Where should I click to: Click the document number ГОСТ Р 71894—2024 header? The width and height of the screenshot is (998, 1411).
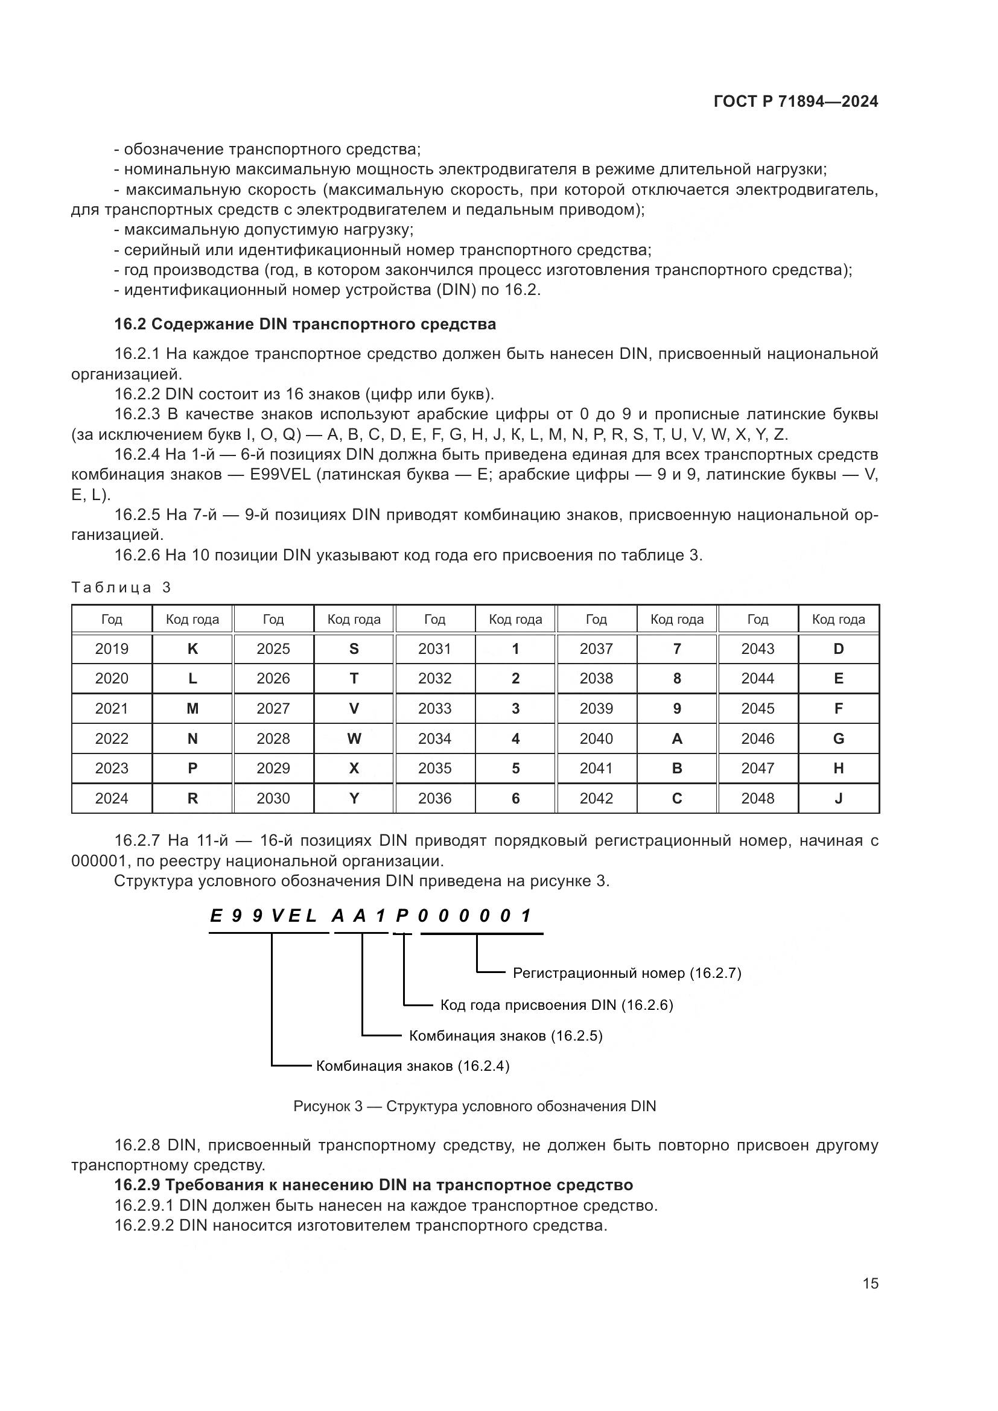coord(796,102)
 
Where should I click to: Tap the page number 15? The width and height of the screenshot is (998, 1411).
coord(870,1283)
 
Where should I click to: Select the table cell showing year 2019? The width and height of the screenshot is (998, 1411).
coord(112,648)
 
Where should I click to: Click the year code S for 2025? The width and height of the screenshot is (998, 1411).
coord(354,648)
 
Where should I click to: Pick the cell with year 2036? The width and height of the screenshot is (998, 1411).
coord(434,798)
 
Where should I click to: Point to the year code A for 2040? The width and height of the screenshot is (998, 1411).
coord(676,739)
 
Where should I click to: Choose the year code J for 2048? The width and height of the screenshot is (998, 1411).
coord(838,798)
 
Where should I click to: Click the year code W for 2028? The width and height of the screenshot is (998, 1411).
coord(354,739)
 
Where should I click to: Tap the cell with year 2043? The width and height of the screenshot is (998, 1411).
coord(758,648)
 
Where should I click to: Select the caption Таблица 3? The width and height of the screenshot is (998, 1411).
coord(121,588)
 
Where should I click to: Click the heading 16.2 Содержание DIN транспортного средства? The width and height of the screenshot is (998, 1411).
coord(305,324)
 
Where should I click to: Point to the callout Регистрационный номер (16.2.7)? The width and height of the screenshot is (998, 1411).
coord(627,973)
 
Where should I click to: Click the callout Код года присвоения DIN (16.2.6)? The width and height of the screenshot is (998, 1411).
coord(557,1005)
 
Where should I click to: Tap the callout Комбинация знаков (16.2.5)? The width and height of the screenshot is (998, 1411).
coord(506,1036)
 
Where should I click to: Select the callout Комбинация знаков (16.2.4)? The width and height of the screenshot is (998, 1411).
coord(412,1065)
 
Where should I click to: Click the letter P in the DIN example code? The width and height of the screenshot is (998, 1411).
coord(402,916)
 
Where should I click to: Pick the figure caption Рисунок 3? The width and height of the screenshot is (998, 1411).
coord(474,1106)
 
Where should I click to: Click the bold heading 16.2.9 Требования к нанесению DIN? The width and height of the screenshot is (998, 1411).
coord(373,1184)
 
